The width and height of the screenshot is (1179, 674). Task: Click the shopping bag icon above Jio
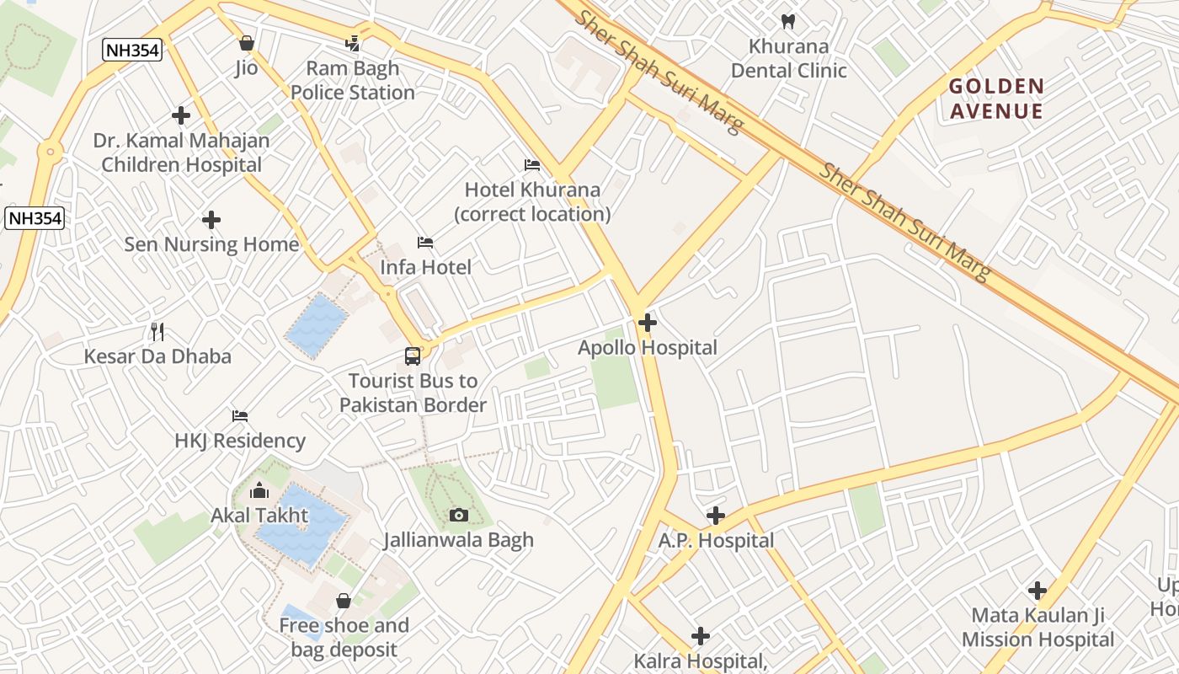point(246,43)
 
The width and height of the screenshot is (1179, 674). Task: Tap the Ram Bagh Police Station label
point(353,80)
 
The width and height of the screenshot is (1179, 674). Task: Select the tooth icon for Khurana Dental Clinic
point(788,21)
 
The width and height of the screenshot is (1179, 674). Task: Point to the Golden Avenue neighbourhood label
point(996,99)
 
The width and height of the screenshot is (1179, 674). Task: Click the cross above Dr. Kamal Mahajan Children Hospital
point(180,115)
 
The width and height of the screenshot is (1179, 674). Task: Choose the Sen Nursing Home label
point(211,244)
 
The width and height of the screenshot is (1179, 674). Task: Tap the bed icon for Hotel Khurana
point(532,165)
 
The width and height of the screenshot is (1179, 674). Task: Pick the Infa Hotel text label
point(425,267)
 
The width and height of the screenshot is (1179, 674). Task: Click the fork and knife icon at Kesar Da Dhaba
point(157,332)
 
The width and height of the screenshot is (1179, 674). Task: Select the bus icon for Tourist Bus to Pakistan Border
point(412,356)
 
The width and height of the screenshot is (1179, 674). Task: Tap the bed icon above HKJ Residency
point(240,416)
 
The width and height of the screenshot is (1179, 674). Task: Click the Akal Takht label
point(259,515)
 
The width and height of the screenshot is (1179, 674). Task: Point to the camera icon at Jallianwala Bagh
point(459,516)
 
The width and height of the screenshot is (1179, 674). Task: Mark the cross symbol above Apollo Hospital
point(647,323)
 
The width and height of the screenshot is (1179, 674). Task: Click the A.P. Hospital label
point(716,540)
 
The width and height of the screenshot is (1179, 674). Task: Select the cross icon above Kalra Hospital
point(700,636)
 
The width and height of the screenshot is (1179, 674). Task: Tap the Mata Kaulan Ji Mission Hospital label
point(1038,628)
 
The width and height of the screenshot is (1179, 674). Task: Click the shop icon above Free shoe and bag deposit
point(344,601)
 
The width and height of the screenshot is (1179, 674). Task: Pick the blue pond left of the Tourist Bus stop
point(316,325)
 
